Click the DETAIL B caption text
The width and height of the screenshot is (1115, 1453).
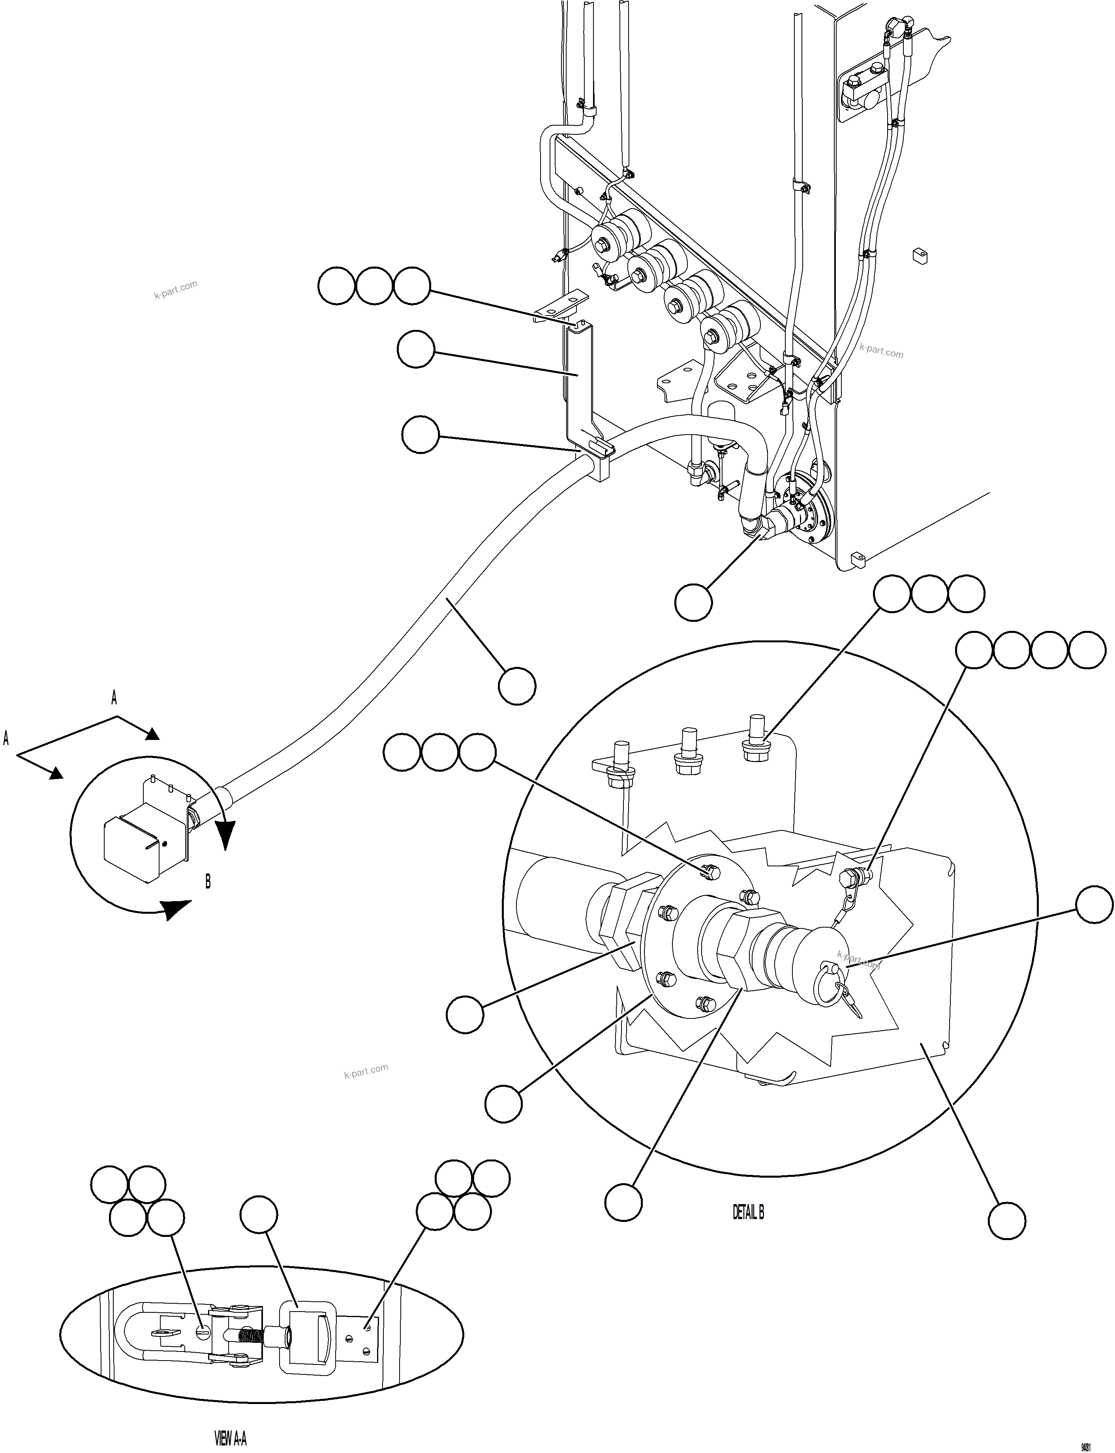pyautogui.click(x=748, y=1212)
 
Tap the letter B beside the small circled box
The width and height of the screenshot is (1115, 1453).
pyautogui.click(x=208, y=882)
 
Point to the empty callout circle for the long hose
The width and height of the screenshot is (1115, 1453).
pyautogui.click(x=516, y=686)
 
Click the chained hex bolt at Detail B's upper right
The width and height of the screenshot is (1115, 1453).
pyautogui.click(x=850, y=878)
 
